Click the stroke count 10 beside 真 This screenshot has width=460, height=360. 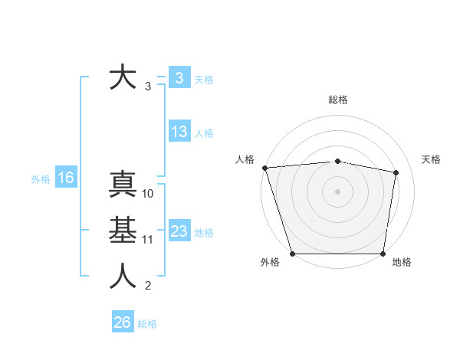pyautogui.click(x=148, y=194)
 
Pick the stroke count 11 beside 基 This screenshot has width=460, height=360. pyautogui.click(x=148, y=240)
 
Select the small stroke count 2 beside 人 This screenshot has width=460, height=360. pyautogui.click(x=148, y=286)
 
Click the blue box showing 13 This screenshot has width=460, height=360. pyautogui.click(x=179, y=132)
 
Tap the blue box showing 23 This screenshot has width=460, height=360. pyautogui.click(x=179, y=231)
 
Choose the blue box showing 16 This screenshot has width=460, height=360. pyautogui.click(x=66, y=178)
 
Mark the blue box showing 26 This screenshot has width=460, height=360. pyautogui.click(x=123, y=322)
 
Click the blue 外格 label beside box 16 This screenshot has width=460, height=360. pyautogui.click(x=41, y=179)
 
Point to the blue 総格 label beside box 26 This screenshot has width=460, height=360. pyautogui.click(x=147, y=324)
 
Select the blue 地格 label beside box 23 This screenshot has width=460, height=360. pyautogui.click(x=204, y=232)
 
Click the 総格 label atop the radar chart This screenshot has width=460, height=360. pyautogui.click(x=337, y=100)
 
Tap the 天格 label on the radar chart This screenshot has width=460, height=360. pyautogui.click(x=432, y=159)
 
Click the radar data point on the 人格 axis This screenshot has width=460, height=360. pyautogui.click(x=264, y=168)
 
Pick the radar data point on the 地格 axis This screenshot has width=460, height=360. pyautogui.click(x=383, y=254)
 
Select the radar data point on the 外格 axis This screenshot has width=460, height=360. pyautogui.click(x=292, y=254)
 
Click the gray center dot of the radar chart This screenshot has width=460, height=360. pyautogui.click(x=337, y=191)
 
